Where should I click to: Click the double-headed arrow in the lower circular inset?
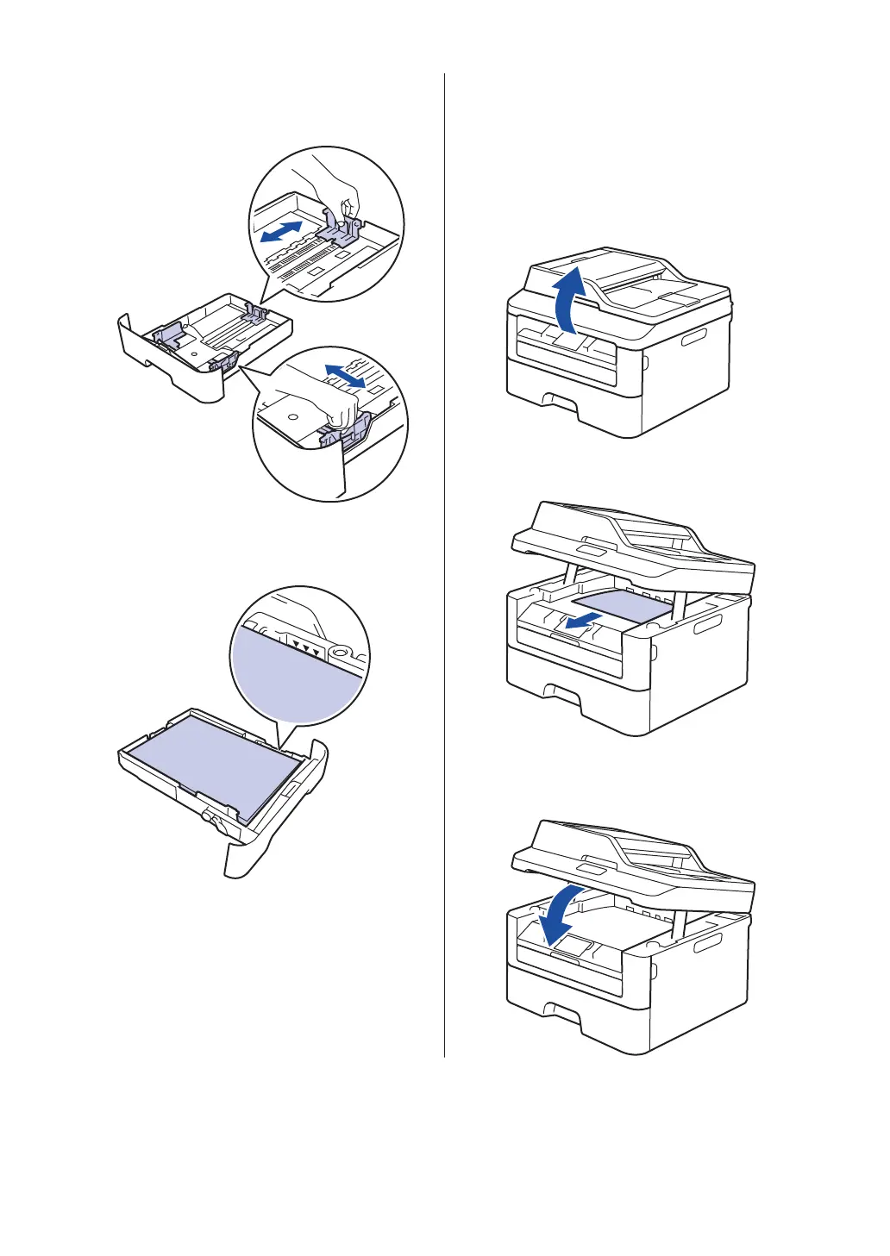pos(344,375)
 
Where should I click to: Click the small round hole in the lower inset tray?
pos(292,415)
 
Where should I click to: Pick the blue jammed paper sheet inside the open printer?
pos(621,605)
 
